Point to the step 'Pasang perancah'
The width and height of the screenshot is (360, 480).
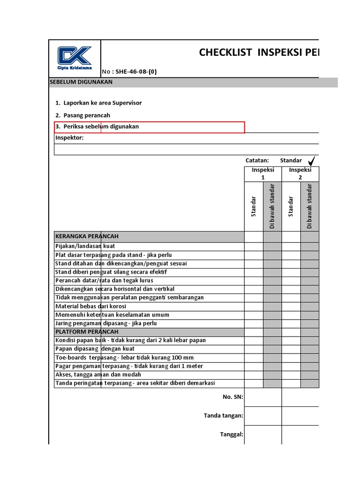click(x=87, y=115)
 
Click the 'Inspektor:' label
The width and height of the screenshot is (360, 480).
click(x=69, y=138)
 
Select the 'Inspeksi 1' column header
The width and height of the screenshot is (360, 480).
click(x=262, y=173)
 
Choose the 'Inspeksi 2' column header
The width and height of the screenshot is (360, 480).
click(x=300, y=173)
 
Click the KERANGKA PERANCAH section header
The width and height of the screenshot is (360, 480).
click(x=87, y=236)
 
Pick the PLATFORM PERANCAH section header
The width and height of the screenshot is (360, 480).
click(x=87, y=332)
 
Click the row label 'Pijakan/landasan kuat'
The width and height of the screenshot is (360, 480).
click(x=85, y=246)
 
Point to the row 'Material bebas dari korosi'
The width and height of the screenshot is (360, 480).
click(x=90, y=306)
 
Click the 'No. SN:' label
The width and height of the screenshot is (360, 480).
click(x=232, y=397)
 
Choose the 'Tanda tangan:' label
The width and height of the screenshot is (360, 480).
click(x=223, y=415)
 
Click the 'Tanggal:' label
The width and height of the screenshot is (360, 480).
click(x=232, y=434)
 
